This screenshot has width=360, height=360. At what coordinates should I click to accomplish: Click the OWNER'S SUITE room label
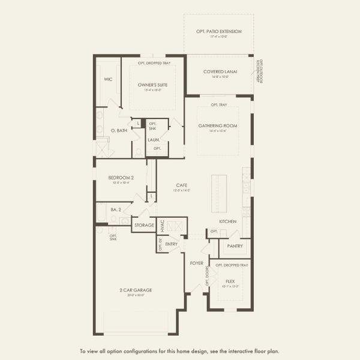click(x=152, y=85)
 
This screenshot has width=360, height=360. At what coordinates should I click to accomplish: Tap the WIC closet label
click(x=108, y=79)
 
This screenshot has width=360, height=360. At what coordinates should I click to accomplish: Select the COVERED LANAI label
click(x=220, y=71)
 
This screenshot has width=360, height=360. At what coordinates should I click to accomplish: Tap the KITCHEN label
click(x=227, y=221)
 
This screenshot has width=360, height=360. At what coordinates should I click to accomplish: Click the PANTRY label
click(x=233, y=246)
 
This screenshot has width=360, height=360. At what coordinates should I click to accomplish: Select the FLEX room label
click(x=230, y=280)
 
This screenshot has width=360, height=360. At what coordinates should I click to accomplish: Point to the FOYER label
click(x=197, y=262)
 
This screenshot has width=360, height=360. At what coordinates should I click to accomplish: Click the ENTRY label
click(x=172, y=244)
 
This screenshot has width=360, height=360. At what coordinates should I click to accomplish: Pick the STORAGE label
click(x=143, y=225)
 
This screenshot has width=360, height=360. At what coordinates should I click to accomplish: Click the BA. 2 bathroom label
click(x=116, y=209)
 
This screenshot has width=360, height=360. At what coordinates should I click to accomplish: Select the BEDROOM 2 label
click(x=121, y=178)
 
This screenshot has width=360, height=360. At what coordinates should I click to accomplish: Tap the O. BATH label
click(x=118, y=130)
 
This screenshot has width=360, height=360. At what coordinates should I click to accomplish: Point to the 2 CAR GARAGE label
click(x=136, y=290)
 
